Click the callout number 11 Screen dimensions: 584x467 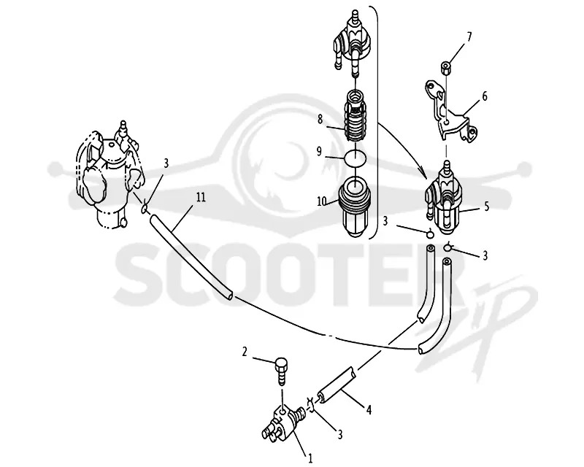click(x=201, y=197)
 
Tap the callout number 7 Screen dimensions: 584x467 click(x=469, y=36)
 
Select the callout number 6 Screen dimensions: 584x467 click(x=485, y=96)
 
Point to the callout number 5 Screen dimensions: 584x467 click(x=486, y=207)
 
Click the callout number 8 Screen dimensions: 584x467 click(x=320, y=120)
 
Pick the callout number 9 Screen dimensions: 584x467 click(x=319, y=152)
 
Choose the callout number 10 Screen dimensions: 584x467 click(x=321, y=201)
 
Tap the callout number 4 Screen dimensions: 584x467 click(x=369, y=410)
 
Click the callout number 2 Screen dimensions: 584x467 click(x=245, y=352)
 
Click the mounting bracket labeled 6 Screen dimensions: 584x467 click(x=450, y=111)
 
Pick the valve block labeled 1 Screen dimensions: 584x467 click(x=283, y=424)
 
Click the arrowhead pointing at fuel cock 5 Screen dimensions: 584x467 click(x=423, y=174)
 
